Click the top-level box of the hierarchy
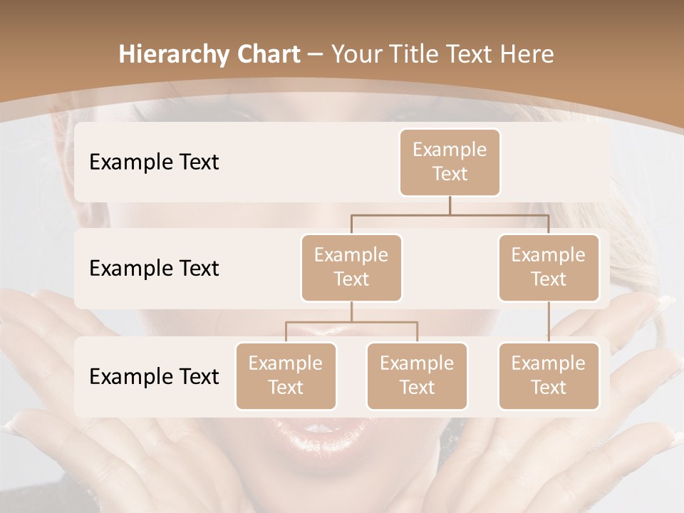pyautogui.click(x=450, y=162)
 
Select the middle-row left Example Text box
pyautogui.click(x=351, y=267)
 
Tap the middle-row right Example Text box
pyautogui.click(x=549, y=267)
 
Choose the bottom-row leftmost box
pyautogui.click(x=286, y=375)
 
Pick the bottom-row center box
pyautogui.click(x=417, y=375)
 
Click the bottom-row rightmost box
pyautogui.click(x=549, y=375)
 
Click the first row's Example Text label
pyautogui.click(x=154, y=162)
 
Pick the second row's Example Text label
pyautogui.click(x=154, y=268)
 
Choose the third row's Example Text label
pyautogui.click(x=154, y=376)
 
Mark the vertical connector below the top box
pyautogui.click(x=450, y=205)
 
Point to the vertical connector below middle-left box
pyautogui.click(x=351, y=311)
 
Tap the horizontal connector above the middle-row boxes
pyautogui.click(x=450, y=214)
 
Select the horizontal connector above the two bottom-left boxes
pyautogui.click(x=351, y=322)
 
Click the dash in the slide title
pyautogui.click(x=315, y=54)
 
